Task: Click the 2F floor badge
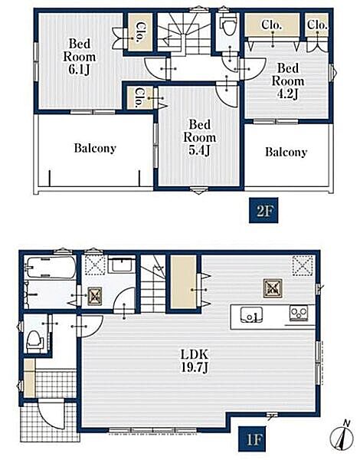[x=263, y=210]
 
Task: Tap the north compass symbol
[x=342, y=436]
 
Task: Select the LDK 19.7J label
[x=195, y=361]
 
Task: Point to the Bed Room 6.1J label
[x=80, y=57]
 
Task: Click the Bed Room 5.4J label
[x=200, y=137]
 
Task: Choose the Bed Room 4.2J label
[x=288, y=81]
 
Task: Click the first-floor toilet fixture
[x=34, y=341]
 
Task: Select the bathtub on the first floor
[x=50, y=268]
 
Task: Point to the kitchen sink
[x=251, y=314]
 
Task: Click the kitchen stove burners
[x=299, y=314]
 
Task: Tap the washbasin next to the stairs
[x=122, y=265]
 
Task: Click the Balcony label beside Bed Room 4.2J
[x=286, y=152]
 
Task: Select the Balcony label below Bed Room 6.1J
[x=95, y=148]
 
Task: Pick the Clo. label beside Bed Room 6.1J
[x=139, y=31]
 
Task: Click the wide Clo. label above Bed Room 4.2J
[x=272, y=25]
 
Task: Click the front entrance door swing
[x=51, y=415]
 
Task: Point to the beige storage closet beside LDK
[x=184, y=281]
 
